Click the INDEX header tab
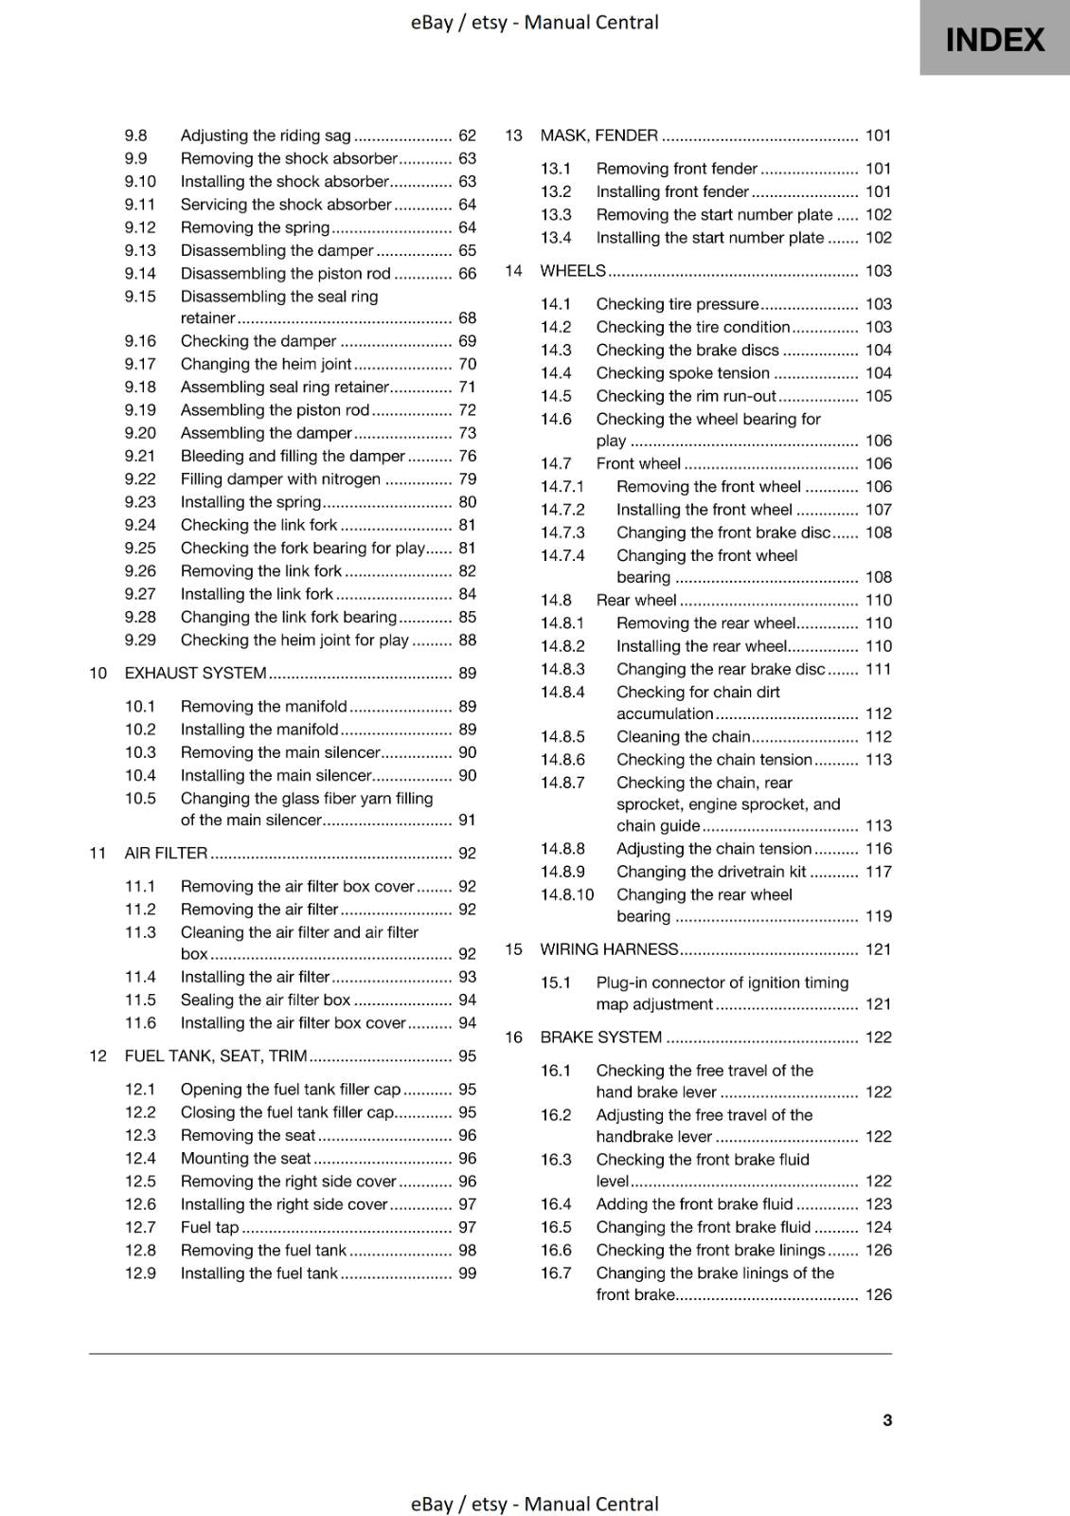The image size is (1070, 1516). (x=994, y=40)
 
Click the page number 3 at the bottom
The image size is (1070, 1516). (x=887, y=1419)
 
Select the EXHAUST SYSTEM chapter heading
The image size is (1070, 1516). (x=195, y=673)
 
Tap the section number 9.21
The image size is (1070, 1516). (x=140, y=456)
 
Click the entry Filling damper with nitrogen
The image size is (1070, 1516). (x=280, y=478)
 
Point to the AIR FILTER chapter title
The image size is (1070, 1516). (x=166, y=853)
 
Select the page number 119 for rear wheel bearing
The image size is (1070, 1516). (x=878, y=916)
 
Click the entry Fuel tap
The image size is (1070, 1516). (x=209, y=1227)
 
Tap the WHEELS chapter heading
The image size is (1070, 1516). (x=572, y=271)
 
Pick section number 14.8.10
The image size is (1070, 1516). (x=567, y=894)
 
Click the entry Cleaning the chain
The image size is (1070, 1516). (x=683, y=736)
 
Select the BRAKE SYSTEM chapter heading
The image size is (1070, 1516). (x=600, y=1038)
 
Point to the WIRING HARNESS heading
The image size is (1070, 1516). (x=609, y=949)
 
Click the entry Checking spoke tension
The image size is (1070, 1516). (x=683, y=373)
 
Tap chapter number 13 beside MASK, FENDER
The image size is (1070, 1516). (x=513, y=135)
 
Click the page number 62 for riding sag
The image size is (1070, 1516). (x=467, y=135)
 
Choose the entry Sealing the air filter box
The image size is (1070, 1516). (x=265, y=1000)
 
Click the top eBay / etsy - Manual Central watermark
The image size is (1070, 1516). (x=534, y=22)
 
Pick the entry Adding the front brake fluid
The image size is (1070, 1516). (x=694, y=1204)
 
